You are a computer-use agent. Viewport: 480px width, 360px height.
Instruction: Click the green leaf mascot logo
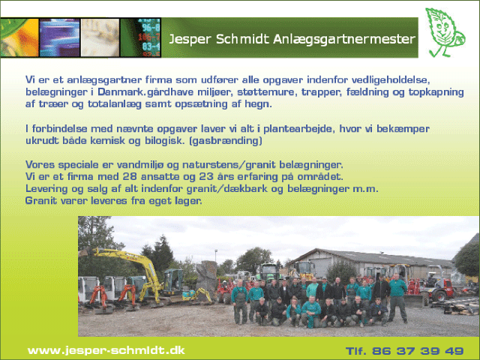point(445,33)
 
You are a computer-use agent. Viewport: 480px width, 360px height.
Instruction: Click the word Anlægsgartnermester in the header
point(343,39)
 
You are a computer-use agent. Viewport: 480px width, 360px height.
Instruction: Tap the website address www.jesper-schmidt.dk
point(106,350)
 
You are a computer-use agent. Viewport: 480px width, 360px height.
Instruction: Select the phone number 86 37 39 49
point(418,351)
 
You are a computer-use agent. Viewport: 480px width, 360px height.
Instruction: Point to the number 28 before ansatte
point(130,177)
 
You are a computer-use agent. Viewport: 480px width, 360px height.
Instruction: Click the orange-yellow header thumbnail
point(19,37)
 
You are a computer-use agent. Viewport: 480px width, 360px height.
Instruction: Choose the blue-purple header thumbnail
point(60,37)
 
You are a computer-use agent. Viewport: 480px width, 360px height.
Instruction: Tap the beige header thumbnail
point(100,37)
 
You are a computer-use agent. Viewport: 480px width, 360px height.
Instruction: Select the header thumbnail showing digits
point(140,37)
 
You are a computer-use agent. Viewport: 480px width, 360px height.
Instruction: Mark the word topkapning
point(436,92)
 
